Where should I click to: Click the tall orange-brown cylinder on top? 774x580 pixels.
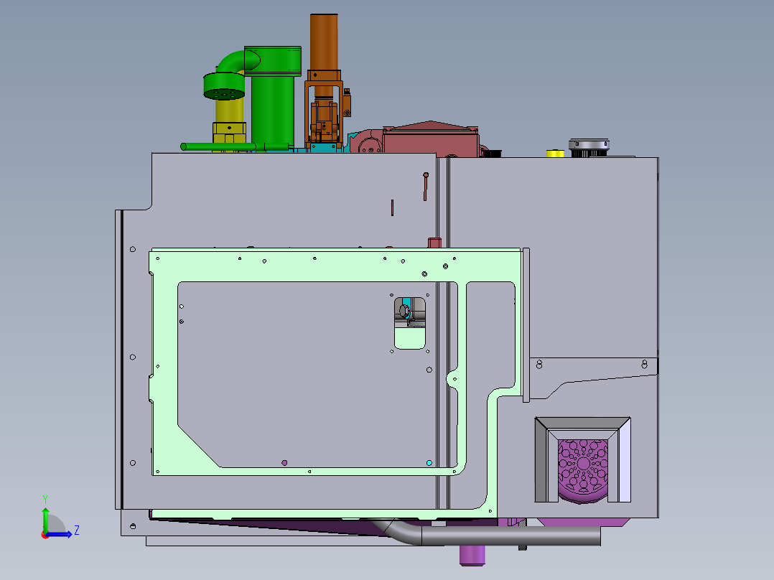[324, 41]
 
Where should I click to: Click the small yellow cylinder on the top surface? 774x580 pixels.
[555, 153]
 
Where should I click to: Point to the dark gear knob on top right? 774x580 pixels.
[589, 146]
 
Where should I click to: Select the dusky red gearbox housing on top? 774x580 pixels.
[430, 140]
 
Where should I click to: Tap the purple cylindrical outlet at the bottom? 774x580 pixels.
[472, 554]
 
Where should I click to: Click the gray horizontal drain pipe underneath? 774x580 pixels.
[510, 536]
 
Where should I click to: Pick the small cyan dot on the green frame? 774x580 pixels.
[429, 463]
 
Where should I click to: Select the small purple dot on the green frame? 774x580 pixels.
[284, 462]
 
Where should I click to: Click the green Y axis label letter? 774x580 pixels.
[45, 498]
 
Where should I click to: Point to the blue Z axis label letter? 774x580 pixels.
[76, 530]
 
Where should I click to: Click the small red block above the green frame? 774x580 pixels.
[434, 242]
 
